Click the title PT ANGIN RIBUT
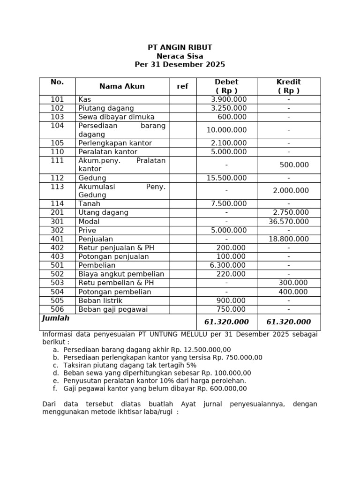[180, 47]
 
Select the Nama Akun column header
[122, 86]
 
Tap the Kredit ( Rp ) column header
[288, 86]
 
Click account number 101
[57, 99]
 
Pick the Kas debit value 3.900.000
[229, 99]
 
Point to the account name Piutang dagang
[106, 108]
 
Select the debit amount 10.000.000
[226, 130]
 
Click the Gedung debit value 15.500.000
[226, 178]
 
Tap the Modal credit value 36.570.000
[289, 221]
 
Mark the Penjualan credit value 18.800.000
[289, 239]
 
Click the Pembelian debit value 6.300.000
[228, 265]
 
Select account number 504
[57, 292]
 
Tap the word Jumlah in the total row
[56, 318]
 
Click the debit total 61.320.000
[226, 322]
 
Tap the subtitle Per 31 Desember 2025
[180, 65]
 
